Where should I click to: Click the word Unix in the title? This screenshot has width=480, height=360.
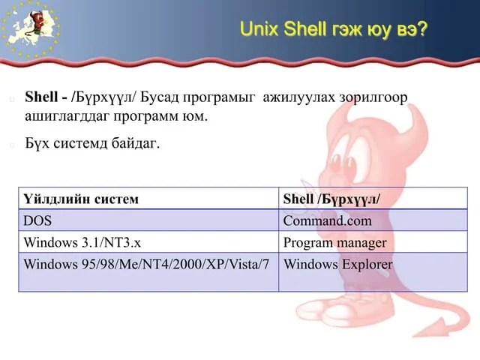259,30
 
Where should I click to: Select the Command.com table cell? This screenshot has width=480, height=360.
327,221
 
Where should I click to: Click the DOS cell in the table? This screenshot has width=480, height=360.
37,221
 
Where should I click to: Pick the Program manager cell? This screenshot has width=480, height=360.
334,243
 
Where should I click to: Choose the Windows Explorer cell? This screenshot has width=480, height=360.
337,265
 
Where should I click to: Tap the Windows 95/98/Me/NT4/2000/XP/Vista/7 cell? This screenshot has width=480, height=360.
146,265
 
